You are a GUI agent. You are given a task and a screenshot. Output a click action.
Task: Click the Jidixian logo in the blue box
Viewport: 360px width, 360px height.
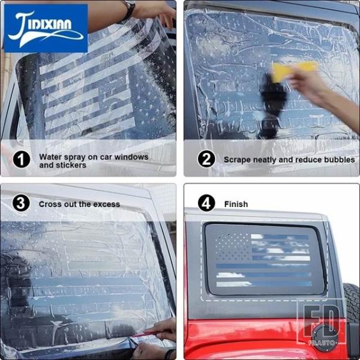pyautogui.click(x=46, y=28)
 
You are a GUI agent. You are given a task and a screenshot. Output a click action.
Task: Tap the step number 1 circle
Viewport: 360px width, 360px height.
pyautogui.click(x=22, y=160)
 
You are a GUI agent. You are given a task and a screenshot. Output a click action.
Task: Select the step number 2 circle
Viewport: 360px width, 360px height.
pyautogui.click(x=206, y=159)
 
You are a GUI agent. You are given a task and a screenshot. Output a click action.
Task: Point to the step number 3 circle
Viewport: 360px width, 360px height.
pyautogui.click(x=21, y=203)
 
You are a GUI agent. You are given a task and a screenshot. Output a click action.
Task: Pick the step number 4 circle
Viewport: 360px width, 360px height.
pyautogui.click(x=206, y=203)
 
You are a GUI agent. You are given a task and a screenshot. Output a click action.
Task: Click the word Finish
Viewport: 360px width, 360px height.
pyautogui.click(x=236, y=204)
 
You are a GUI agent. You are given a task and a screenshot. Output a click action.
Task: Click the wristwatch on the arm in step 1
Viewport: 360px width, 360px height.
pyautogui.click(x=129, y=9)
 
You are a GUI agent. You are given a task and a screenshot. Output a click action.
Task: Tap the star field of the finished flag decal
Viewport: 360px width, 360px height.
pyautogui.click(x=233, y=247)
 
